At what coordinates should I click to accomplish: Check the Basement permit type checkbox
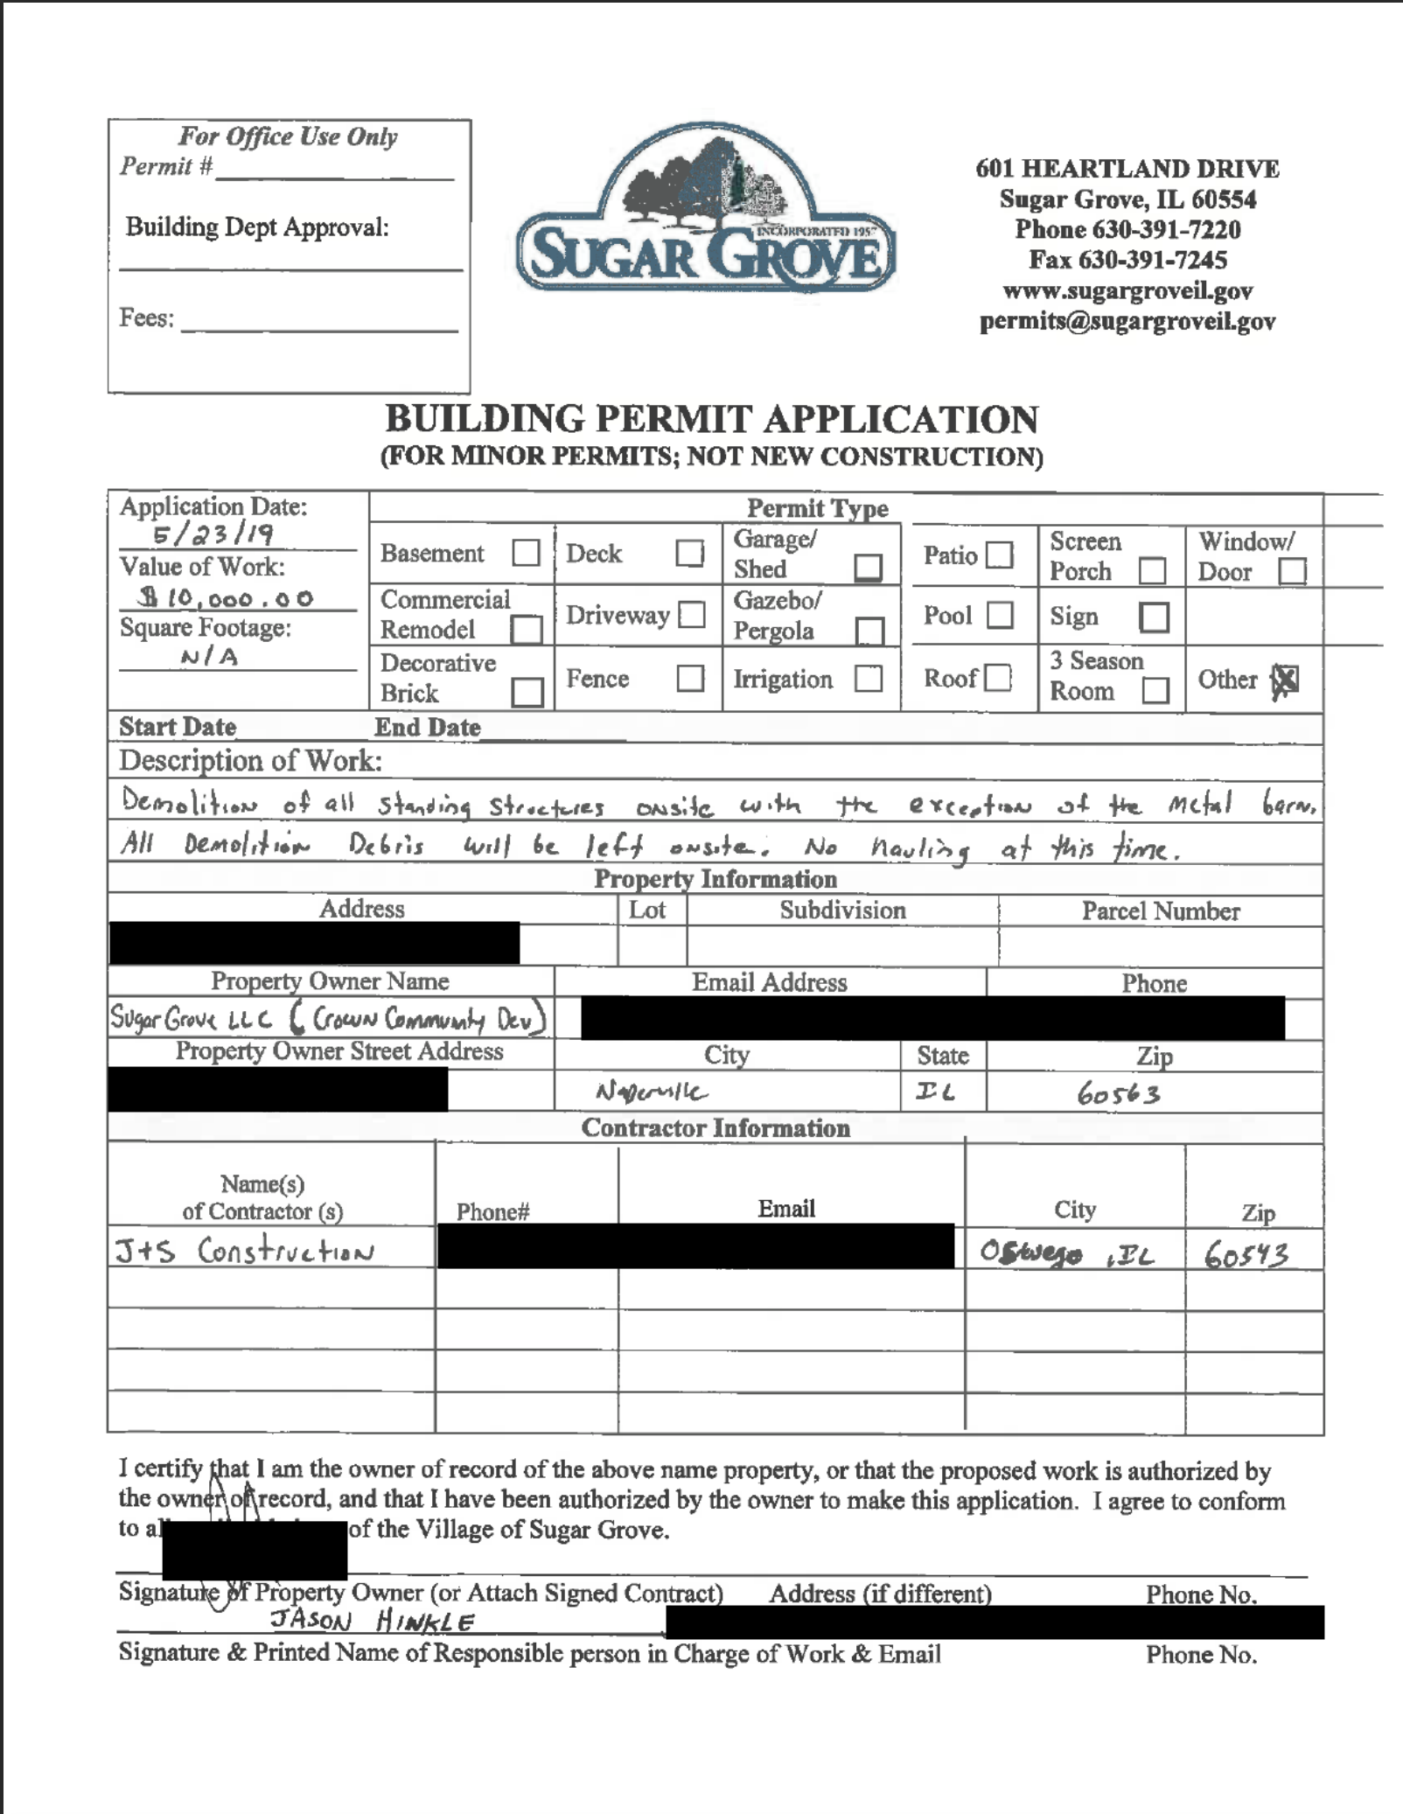tap(526, 553)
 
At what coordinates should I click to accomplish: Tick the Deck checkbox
tap(690, 553)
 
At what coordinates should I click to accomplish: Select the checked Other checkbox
tap(1285, 680)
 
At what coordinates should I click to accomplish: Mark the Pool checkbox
tap(1000, 615)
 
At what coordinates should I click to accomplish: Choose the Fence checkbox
tap(690, 678)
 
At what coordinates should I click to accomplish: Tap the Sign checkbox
tap(1154, 617)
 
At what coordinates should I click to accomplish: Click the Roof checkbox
tap(998, 678)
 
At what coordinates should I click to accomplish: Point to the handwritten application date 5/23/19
tap(213, 534)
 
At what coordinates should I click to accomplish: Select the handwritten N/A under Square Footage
tap(209, 656)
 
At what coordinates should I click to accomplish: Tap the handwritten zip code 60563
tap(1119, 1093)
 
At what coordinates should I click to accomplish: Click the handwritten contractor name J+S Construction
tap(245, 1251)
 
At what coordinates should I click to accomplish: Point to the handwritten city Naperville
tap(651, 1092)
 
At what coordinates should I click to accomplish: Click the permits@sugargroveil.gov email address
tap(1127, 321)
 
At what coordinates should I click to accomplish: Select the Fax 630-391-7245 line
tap(1127, 260)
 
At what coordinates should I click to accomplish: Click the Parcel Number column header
tap(1161, 911)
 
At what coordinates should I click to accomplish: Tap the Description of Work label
tap(250, 761)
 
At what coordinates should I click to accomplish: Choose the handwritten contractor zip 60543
tap(1246, 1256)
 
